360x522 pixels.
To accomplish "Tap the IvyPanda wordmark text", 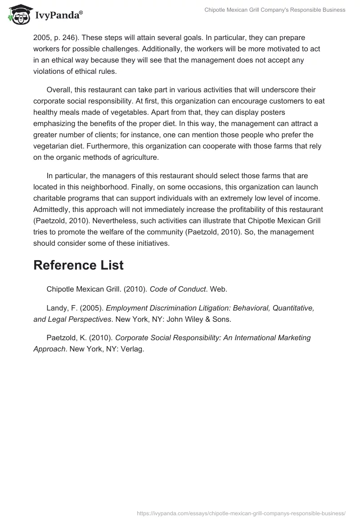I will pyautogui.click(x=58, y=15).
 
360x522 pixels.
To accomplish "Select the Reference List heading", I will pyautogui.click(x=78, y=265).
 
